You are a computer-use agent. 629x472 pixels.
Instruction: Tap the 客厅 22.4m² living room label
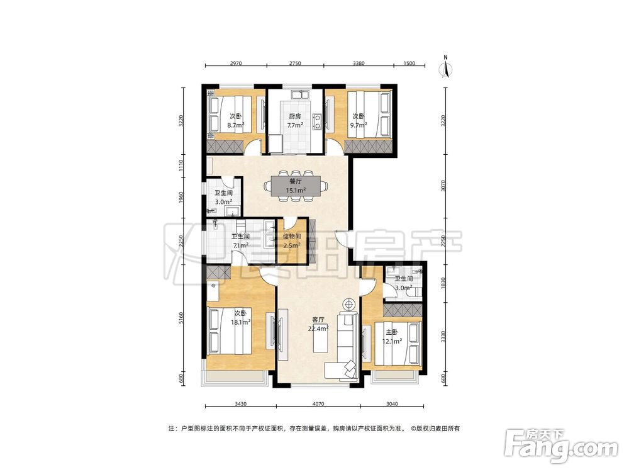(x=318, y=324)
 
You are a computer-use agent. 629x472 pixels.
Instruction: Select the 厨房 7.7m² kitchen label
(x=295, y=120)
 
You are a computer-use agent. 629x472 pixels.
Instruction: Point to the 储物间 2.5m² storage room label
(x=292, y=241)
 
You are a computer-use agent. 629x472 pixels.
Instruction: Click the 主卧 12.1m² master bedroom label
(x=392, y=337)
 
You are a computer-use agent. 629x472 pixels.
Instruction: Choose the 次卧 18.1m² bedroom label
(x=241, y=317)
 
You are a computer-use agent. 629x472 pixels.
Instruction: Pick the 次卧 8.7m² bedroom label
(x=236, y=120)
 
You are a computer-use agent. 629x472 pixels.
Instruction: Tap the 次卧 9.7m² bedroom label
(x=359, y=120)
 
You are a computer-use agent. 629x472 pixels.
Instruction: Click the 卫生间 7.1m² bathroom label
(x=241, y=241)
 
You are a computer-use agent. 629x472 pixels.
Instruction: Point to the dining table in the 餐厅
(x=296, y=186)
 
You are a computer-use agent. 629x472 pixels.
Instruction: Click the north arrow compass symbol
(x=446, y=66)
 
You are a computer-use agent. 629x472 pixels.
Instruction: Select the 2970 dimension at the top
(x=236, y=63)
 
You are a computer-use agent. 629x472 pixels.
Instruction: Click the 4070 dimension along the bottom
(x=318, y=404)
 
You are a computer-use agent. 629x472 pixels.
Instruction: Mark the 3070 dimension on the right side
(x=443, y=186)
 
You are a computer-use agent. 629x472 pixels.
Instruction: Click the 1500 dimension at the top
(x=409, y=63)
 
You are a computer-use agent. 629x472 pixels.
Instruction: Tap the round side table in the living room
(x=349, y=304)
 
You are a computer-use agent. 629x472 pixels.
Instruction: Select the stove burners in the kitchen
(x=318, y=122)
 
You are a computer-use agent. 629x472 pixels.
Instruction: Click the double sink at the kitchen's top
(x=300, y=95)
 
